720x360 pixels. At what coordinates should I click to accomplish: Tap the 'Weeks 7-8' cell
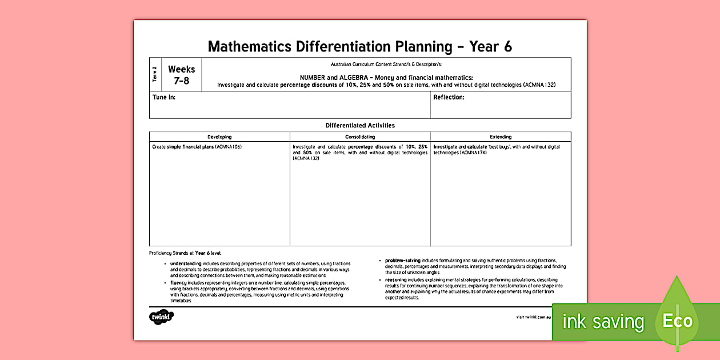click(181, 75)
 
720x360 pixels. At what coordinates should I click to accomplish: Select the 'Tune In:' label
click(164, 97)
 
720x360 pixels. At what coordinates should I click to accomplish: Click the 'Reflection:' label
click(449, 97)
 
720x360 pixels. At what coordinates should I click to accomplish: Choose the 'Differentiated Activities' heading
click(360, 125)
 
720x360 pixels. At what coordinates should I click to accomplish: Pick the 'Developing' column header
click(219, 137)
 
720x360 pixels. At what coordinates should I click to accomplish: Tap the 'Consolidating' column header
click(360, 137)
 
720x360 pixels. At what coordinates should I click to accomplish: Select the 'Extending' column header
click(501, 137)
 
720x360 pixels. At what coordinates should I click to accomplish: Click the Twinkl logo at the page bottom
click(161, 316)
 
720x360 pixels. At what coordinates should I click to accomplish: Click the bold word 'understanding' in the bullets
click(186, 263)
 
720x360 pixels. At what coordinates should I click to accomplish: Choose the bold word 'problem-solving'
click(402, 260)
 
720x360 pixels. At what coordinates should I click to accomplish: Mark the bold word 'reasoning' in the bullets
click(397, 280)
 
